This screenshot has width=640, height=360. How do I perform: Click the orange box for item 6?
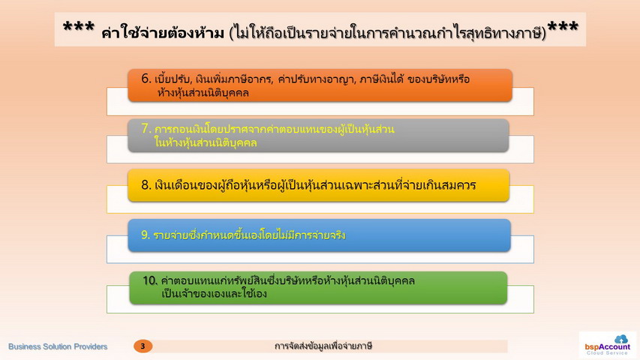[320, 85]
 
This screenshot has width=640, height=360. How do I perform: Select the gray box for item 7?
[318, 136]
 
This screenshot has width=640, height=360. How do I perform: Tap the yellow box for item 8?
[318, 185]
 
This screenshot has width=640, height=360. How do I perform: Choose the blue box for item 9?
[319, 235]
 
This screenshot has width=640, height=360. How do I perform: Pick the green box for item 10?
[318, 288]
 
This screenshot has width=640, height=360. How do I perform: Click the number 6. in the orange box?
[146, 78]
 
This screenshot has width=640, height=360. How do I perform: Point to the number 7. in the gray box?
[146, 128]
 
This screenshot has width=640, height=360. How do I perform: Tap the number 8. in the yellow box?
[146, 185]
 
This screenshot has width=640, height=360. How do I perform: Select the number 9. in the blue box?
[146, 235]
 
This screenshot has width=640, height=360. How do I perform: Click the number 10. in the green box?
[150, 280]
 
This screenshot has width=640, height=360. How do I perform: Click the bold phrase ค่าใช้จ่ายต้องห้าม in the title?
[163, 32]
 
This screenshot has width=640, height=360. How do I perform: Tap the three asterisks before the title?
[79, 28]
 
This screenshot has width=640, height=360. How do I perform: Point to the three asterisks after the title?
[563, 28]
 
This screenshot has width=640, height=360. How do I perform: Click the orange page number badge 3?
[143, 346]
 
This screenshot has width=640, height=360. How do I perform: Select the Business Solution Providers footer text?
[58, 346]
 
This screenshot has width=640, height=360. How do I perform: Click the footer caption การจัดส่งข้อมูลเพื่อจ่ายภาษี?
[323, 346]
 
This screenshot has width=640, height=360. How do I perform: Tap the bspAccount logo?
[607, 345]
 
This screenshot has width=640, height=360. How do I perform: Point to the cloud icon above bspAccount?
[621, 339]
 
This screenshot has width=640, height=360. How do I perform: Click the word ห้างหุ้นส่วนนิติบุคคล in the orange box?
[203, 93]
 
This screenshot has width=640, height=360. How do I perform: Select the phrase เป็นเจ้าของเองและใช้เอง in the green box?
[214, 293]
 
